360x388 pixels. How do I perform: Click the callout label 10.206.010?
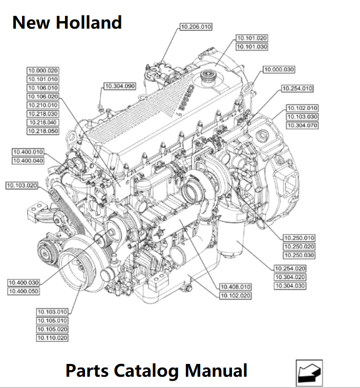pos(196,27)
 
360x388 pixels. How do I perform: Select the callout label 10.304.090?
pos(120,86)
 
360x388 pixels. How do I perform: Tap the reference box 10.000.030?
pos(279,70)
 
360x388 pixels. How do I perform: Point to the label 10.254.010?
pos(298,89)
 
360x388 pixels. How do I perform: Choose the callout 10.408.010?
pos(236,287)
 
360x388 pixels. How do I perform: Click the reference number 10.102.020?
pos(236,295)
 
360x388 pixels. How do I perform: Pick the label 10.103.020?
pos(22,185)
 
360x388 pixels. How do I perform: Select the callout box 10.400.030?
pos(24,283)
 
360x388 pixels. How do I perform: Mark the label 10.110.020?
pos(52,338)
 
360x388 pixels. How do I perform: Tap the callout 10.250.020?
pos(299,246)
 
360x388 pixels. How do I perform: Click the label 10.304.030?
pos(290,286)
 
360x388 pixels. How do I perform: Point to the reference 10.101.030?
pos(252,47)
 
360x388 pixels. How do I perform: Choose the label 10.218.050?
pos(43,131)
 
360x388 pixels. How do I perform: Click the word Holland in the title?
pos(89,23)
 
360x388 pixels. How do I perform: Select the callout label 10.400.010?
pos(28,152)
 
